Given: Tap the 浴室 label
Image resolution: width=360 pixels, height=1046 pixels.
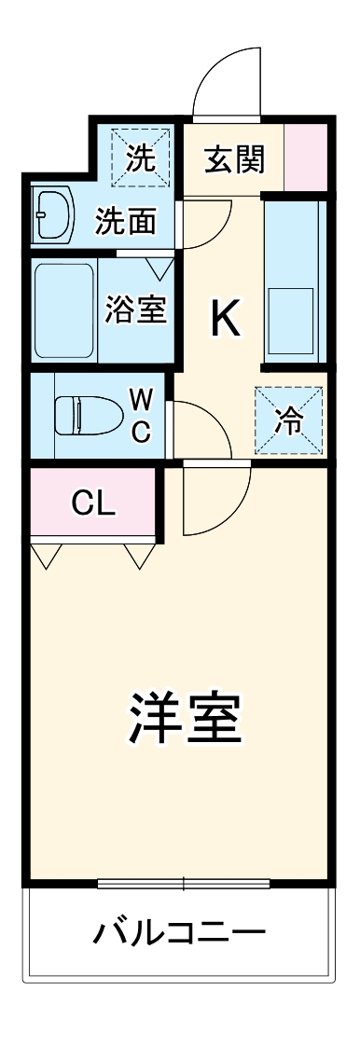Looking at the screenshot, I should click(x=136, y=310).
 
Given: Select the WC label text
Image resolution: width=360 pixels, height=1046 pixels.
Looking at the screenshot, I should click(x=140, y=415).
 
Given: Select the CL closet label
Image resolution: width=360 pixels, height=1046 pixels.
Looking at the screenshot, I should click(x=93, y=503).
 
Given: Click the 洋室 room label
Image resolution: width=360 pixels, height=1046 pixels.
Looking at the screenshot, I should click(x=185, y=716).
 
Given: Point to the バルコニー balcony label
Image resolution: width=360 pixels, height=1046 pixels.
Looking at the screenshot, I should click(x=179, y=931).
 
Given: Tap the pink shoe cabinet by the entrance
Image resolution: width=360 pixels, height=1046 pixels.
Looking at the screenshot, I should click(x=305, y=155).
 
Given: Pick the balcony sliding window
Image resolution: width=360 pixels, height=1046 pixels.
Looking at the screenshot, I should click(x=183, y=882).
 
